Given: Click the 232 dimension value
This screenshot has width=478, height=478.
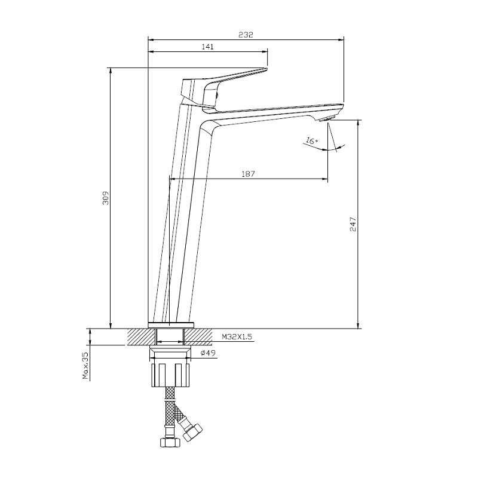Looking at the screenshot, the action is [246, 35].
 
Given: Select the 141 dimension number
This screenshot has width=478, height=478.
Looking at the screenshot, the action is [208, 47].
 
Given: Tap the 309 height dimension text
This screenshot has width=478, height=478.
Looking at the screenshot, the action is [106, 198].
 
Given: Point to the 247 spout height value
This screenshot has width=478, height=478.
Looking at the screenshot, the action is [353, 225].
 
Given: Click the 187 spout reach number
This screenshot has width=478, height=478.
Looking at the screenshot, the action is [248, 174].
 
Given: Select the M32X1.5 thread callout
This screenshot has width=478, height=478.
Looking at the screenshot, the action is [237, 337].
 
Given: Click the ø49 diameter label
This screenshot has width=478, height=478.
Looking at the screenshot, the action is [208, 353].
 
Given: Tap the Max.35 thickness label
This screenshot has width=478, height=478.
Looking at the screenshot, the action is [85, 366].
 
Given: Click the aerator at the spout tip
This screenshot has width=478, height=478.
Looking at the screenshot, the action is [327, 119].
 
